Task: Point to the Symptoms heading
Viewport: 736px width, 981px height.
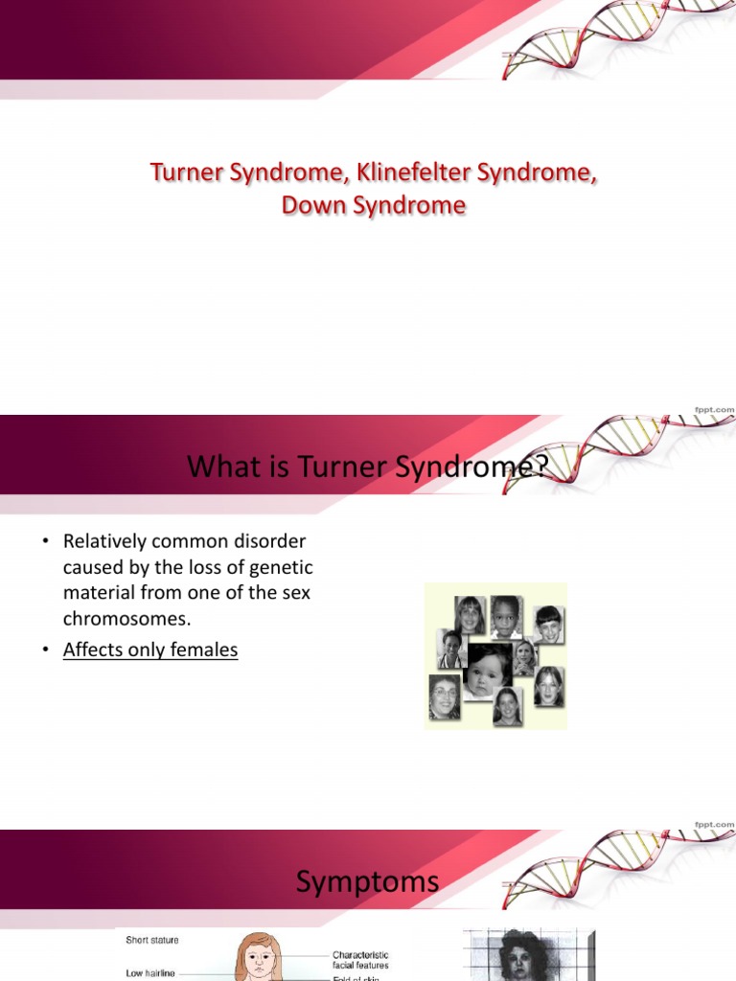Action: (x=367, y=881)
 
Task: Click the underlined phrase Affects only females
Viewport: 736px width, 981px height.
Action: (x=150, y=650)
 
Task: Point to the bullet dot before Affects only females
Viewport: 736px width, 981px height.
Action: (x=43, y=650)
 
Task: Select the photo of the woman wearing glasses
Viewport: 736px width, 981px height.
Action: (x=444, y=696)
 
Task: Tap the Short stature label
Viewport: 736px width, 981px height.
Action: (x=151, y=940)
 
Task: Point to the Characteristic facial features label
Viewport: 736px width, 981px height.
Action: (x=360, y=960)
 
